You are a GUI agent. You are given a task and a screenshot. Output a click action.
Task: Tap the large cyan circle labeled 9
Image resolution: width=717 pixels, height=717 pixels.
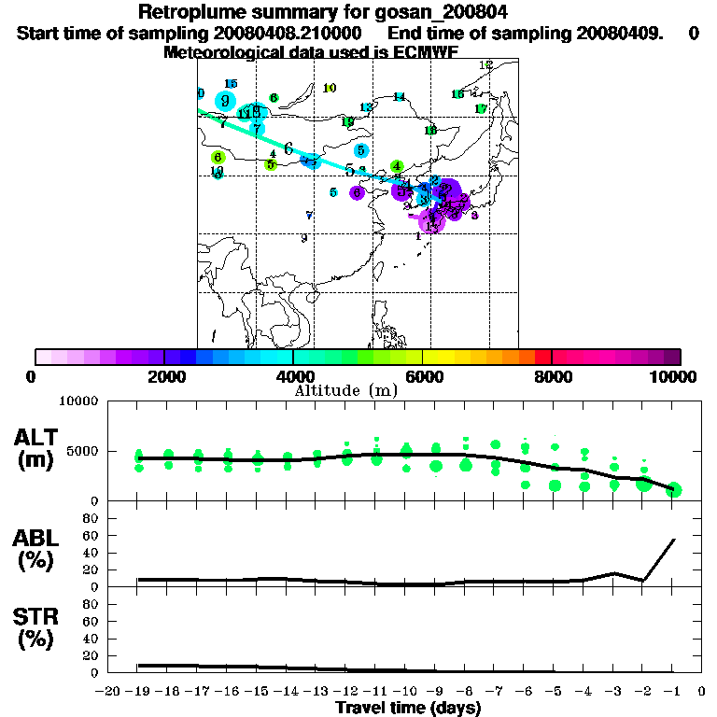tap(225, 102)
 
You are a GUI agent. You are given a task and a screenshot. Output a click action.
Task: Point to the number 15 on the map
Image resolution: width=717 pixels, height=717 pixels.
tap(232, 84)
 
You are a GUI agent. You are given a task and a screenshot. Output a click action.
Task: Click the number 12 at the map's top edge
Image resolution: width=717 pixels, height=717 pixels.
tap(485, 65)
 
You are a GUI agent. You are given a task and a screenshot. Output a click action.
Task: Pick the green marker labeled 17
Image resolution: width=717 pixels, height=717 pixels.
tap(481, 109)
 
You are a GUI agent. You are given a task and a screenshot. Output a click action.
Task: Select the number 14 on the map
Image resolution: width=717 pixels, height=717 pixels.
tap(399, 97)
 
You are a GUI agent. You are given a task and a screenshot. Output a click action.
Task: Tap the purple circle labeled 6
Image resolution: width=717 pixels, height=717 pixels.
tap(357, 192)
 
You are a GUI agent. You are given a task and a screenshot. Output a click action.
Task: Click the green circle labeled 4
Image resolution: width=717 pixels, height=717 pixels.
tap(397, 166)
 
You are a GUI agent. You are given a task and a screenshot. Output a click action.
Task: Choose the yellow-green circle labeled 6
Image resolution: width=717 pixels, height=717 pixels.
tap(218, 158)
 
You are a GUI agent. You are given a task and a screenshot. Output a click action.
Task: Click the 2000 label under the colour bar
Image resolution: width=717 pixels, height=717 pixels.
tap(164, 376)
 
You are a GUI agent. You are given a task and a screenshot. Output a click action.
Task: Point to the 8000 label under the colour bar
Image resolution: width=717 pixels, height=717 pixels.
tap(552, 376)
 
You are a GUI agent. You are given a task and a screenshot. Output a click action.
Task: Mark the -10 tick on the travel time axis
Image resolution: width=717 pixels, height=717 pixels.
tap(406, 692)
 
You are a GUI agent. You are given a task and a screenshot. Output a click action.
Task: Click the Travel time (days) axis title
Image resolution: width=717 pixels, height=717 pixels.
tap(408, 709)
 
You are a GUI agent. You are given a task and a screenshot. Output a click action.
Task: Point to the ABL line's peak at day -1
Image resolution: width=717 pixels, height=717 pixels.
tap(674, 540)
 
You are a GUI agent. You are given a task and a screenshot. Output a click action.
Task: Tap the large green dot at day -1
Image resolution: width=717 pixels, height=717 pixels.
tap(674, 490)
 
